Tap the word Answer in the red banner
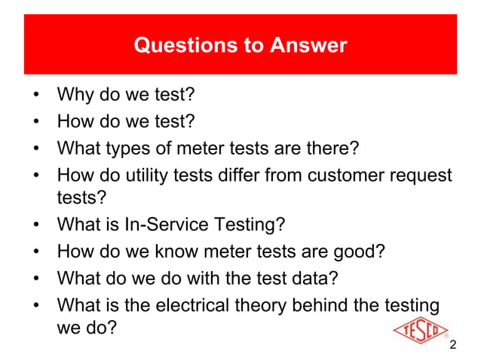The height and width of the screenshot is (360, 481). [x=307, y=45]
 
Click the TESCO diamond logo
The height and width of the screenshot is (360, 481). [x=421, y=330]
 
